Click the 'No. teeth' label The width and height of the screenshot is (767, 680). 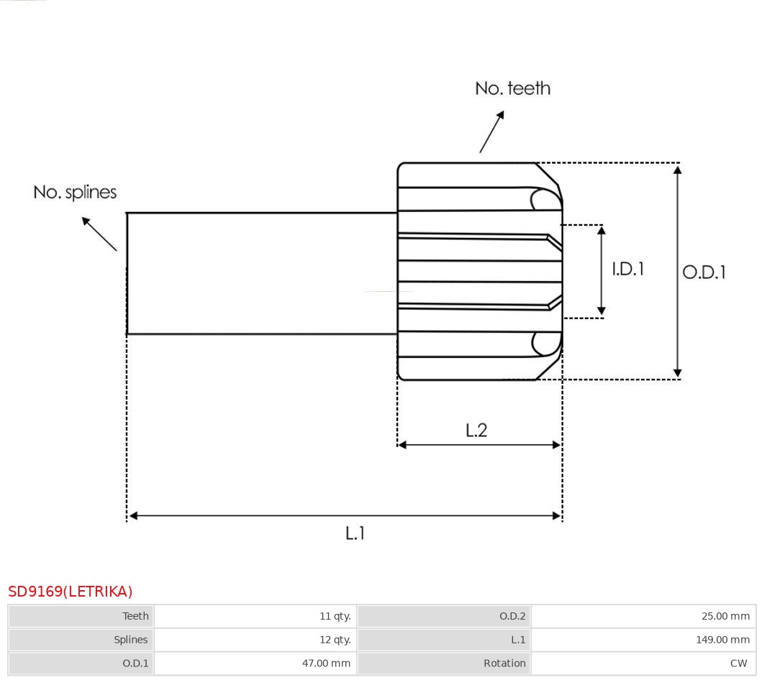tap(512, 88)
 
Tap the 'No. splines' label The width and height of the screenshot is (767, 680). tap(75, 193)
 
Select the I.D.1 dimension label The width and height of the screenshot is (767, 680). tap(627, 269)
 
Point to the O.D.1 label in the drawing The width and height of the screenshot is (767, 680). tap(704, 272)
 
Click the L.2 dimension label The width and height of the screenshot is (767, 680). tap(476, 430)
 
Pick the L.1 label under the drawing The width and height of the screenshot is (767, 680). tap(355, 533)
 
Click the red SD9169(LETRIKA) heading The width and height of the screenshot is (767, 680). tap(71, 592)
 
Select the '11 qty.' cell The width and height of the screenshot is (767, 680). tap(335, 616)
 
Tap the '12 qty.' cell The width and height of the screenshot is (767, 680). tap(335, 640)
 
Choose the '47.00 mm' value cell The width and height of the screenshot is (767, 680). tap(326, 663)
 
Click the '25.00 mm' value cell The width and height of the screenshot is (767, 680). tap(725, 616)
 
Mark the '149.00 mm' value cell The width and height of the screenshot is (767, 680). tap(722, 640)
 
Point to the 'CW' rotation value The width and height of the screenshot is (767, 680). tap(738, 663)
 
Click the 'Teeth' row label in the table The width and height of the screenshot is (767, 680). tap(135, 616)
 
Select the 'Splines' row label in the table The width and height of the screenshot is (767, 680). tap(130, 640)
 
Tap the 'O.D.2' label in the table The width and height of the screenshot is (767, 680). tap(512, 616)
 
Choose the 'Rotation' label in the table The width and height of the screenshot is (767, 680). tap(504, 663)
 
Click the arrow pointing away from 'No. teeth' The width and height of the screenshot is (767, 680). tap(492, 132)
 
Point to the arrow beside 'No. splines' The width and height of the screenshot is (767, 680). tap(99, 234)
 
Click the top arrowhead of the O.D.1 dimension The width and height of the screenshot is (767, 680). tap(677, 170)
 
